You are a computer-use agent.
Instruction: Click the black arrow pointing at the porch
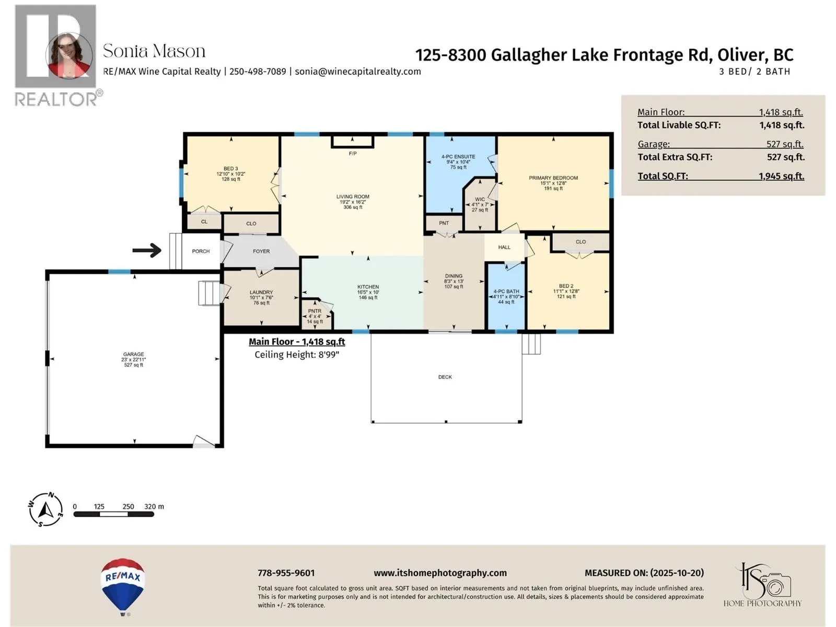pyautogui.click(x=147, y=251)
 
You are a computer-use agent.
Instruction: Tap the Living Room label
pyautogui.click(x=353, y=197)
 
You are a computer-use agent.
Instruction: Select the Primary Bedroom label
pyautogui.click(x=553, y=178)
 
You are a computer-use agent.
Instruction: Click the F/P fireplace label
pyautogui.click(x=353, y=154)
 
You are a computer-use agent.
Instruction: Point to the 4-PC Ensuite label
pyautogui.click(x=458, y=157)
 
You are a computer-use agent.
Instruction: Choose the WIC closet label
pyautogui.click(x=480, y=200)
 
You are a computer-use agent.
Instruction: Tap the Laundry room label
pyautogui.click(x=261, y=293)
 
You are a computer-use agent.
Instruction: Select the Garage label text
pyautogui.click(x=134, y=354)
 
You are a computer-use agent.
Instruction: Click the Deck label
pyautogui.click(x=445, y=377)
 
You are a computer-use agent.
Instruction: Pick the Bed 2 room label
pyautogui.click(x=566, y=286)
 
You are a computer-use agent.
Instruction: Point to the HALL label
pyautogui.click(x=504, y=247)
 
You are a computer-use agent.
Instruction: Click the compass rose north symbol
pyautogui.click(x=46, y=509)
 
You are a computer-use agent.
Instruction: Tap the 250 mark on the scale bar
pyautogui.click(x=128, y=506)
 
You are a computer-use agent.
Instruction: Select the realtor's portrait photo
pyautogui.click(x=69, y=55)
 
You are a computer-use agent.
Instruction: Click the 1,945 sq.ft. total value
pyautogui.click(x=781, y=176)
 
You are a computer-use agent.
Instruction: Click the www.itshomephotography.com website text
pyautogui.click(x=440, y=573)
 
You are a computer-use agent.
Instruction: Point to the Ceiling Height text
pyautogui.click(x=297, y=355)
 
